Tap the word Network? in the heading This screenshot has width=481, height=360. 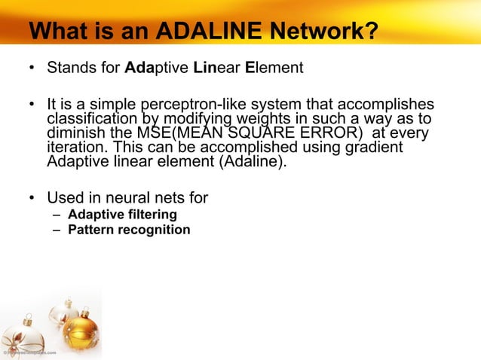coord(326,32)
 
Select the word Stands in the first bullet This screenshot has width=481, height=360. coord(69,69)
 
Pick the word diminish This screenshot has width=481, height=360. coord(75,133)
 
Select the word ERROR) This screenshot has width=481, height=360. coord(335,133)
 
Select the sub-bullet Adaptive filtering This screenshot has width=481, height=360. coord(122,215)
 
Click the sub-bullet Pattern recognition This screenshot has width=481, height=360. coord(129,230)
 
